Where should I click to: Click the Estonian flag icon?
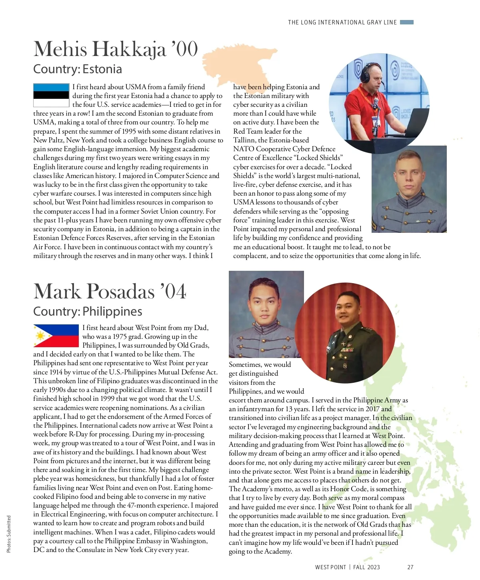pos(51,95)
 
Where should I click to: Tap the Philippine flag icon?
pos(56,336)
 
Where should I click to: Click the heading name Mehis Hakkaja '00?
pos(116,49)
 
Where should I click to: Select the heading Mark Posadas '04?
pos(110,291)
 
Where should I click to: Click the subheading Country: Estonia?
pos(78,69)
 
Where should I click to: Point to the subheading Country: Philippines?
pos(88,311)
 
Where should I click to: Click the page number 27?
pos(410,567)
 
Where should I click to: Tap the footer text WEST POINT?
pos(330,567)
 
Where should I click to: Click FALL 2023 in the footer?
pos(366,567)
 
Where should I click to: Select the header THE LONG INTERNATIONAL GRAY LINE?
pos(342,22)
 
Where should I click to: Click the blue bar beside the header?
pos(407,22)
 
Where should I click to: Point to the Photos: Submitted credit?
pos(9,534)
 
